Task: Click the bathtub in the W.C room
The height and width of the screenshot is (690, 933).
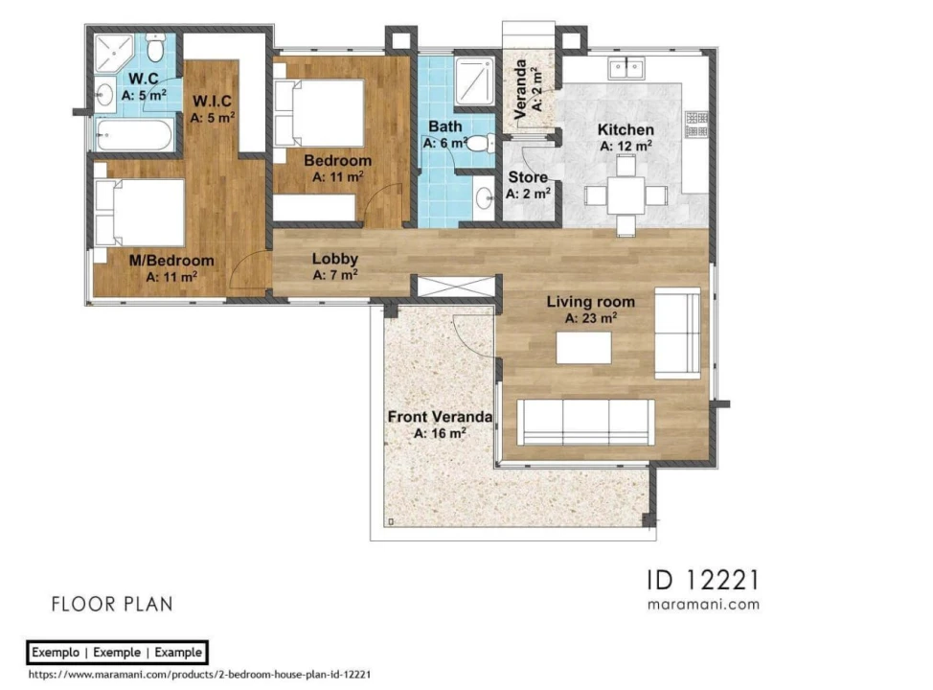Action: pos(134,134)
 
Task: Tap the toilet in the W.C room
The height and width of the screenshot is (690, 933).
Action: pos(155,48)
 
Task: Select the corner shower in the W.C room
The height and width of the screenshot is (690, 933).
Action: pos(114,53)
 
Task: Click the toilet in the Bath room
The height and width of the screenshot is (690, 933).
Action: pos(480,143)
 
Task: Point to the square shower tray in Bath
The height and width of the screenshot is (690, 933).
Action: pos(475,80)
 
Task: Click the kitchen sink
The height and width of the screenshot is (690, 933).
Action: pos(626,68)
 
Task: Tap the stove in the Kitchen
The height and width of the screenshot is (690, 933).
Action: pos(696,124)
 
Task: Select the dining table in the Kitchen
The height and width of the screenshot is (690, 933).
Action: pos(626,195)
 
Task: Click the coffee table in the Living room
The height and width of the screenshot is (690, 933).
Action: pos(583,347)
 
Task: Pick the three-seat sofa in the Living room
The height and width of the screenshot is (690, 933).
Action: pos(585,422)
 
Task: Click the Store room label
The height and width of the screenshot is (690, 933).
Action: pos(529,177)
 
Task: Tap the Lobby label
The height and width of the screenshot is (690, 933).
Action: pos(335,259)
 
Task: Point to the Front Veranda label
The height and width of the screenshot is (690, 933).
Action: pos(440,417)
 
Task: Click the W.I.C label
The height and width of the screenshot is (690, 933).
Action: pos(212,102)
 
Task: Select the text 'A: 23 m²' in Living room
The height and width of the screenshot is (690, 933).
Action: pos(591,318)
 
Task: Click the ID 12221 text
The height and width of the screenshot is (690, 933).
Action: pos(703,580)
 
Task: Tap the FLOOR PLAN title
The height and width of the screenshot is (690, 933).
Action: pos(112,605)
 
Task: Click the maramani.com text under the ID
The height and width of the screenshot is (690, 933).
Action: pos(703,605)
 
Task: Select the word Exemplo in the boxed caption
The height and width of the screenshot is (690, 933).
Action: pos(56,653)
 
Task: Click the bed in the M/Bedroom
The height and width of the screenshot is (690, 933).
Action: pos(139,212)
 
